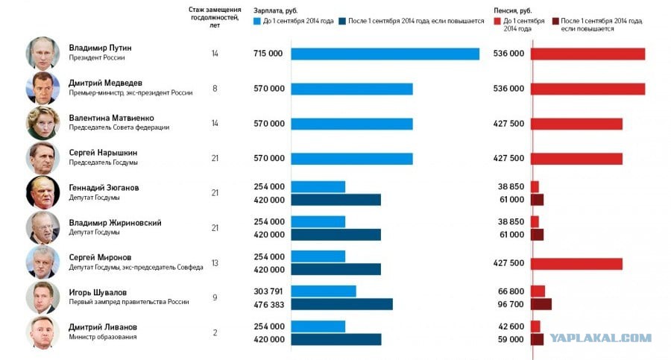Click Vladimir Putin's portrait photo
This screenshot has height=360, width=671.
tap(42, 54)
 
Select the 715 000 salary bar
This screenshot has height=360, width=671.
tap(385, 54)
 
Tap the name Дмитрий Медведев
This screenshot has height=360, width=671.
tap(105, 83)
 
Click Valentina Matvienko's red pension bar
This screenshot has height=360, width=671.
tap(576, 124)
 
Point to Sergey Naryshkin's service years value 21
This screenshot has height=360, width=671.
tap(215, 158)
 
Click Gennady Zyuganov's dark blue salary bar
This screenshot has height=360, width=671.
tap(336, 200)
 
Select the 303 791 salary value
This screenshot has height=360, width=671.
tap(268, 291)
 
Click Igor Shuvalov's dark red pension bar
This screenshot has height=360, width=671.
tap(541, 304)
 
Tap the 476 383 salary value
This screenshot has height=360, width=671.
tap(268, 305)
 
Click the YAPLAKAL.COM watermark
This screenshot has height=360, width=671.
tap(600, 338)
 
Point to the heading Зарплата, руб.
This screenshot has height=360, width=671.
tap(275, 10)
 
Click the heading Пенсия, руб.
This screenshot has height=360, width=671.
tap(513, 10)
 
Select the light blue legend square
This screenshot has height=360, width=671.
tap(256, 21)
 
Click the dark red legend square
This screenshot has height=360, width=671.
tap(555, 21)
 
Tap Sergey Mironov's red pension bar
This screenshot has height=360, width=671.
tap(576, 264)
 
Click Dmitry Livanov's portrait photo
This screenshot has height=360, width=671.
tap(42, 332)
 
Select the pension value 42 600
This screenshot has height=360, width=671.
tap(511, 326)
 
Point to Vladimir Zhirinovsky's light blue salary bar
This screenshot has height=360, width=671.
tap(318, 221)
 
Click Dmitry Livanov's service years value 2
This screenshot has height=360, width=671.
tap(215, 332)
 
